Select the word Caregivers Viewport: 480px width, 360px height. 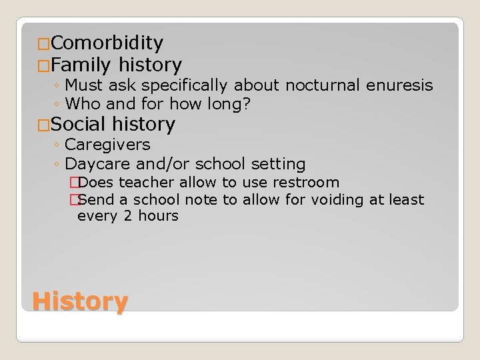(x=108, y=145)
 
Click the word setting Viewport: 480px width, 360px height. (x=275, y=163)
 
